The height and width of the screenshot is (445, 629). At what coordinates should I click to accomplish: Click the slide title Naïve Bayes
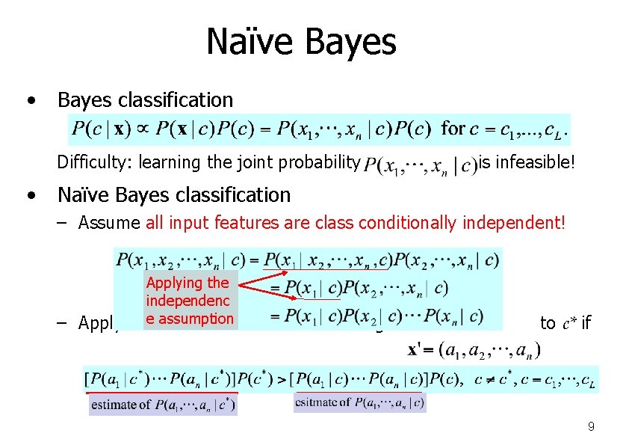pos(301,42)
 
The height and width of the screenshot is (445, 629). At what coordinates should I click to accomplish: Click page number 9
pos(591,427)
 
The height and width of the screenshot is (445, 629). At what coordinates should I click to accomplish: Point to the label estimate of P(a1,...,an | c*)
pos(163,405)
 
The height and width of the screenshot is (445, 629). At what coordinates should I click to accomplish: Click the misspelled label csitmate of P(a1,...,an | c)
pos(360,403)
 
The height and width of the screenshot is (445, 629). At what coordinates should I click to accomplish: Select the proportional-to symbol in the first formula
pos(141,129)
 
